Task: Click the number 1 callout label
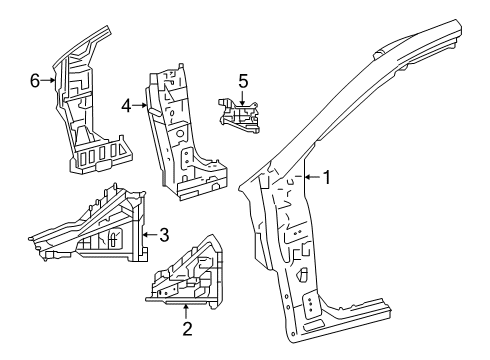(327, 178)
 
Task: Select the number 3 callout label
(163, 236)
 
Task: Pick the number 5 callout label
(242, 79)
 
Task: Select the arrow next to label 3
(148, 236)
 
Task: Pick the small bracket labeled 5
(240, 115)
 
